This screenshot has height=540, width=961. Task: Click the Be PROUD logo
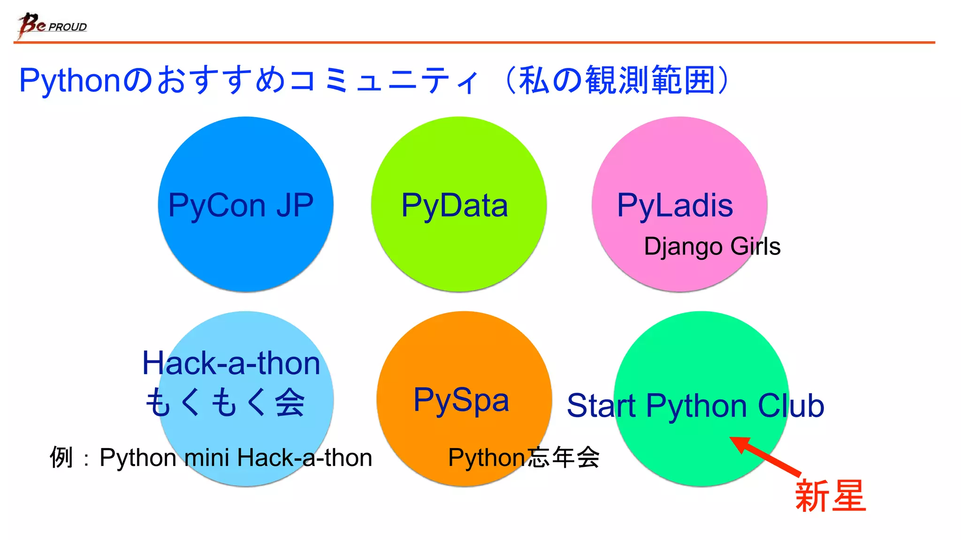tap(52, 25)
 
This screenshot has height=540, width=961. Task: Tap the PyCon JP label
tap(241, 205)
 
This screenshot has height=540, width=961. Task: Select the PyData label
tap(454, 205)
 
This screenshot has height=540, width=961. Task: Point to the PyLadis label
tap(674, 205)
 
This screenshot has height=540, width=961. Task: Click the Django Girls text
tap(712, 247)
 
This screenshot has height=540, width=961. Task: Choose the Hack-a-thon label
tap(231, 363)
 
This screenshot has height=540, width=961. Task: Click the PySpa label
tap(461, 400)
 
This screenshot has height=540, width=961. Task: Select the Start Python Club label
tap(695, 406)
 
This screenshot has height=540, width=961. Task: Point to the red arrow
tap(765, 455)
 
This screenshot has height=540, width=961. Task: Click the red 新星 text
tap(830, 496)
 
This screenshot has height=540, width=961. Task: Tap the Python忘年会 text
tap(524, 457)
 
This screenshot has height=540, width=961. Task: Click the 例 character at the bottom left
tap(61, 457)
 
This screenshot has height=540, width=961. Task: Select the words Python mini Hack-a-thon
tap(236, 457)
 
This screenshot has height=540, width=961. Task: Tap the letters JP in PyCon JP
tap(295, 205)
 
